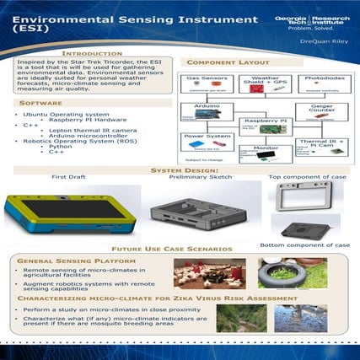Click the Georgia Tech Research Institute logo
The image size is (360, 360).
311,23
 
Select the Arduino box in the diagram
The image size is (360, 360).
207,115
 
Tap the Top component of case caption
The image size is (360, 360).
306,177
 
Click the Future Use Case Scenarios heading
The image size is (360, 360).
179,250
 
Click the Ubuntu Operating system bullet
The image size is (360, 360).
67,114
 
